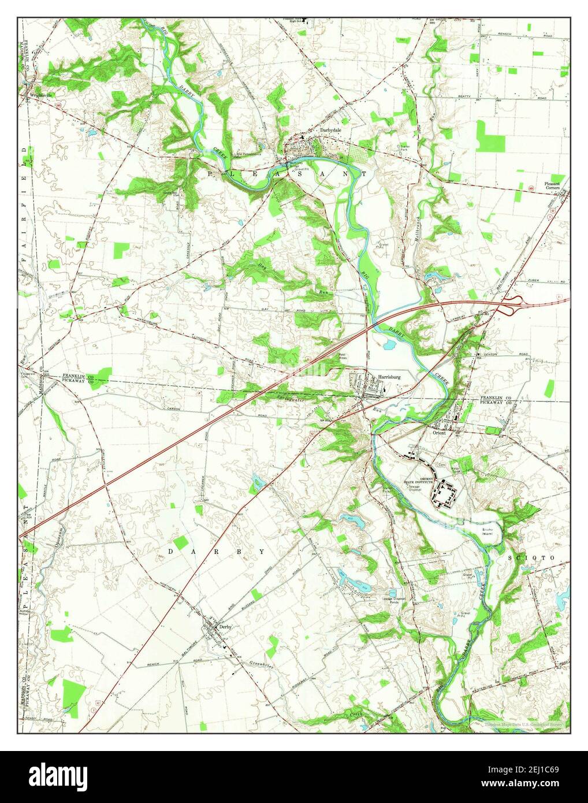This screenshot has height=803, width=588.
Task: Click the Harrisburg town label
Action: click(389, 377)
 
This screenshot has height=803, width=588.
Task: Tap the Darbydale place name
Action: click(331, 131)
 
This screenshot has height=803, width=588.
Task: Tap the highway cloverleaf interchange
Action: click(513, 300)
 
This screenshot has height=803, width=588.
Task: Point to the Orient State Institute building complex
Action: click(446, 494)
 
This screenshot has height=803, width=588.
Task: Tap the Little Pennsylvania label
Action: click(247, 154)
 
